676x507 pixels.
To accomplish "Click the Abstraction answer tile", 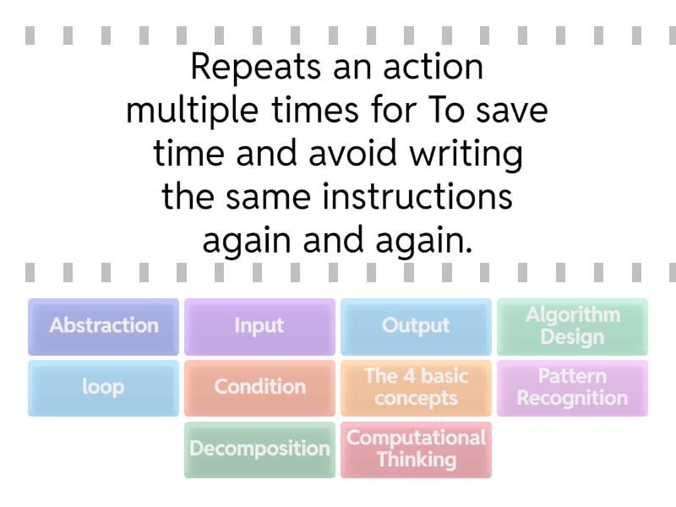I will pos(103,326).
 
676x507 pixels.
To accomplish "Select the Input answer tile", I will pos(259,326).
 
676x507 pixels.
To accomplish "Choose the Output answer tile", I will pos(416,326).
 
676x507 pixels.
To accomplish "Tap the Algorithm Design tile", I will pos(572,326).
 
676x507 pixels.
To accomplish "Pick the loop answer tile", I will pos(103,388).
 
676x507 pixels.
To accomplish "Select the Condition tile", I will pos(259,388).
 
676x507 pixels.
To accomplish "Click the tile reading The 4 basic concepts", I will pos(416,388).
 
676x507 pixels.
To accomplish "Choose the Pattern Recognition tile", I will pos(572,388).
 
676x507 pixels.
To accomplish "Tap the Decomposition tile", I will pos(259,450).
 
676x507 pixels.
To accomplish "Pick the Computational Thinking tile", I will pos(416,450).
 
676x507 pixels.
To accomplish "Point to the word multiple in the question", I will pos(178,112).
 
